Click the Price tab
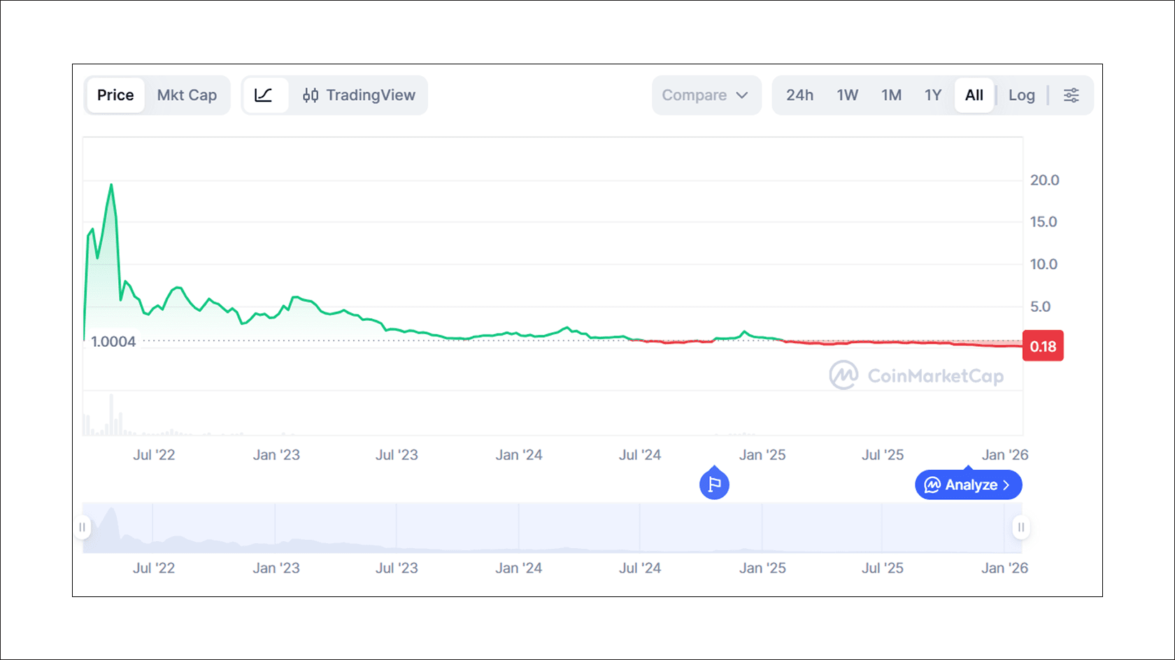(x=115, y=95)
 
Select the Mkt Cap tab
(x=187, y=95)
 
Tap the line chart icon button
(x=264, y=95)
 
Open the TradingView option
(x=359, y=95)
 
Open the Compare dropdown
(x=705, y=95)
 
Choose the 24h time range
(x=799, y=95)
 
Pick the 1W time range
(x=847, y=95)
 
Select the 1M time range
(x=891, y=95)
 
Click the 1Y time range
(x=933, y=95)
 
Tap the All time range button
(x=974, y=95)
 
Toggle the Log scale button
(x=1021, y=95)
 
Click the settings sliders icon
(x=1071, y=95)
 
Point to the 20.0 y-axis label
(x=1044, y=180)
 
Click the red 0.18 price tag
(x=1043, y=346)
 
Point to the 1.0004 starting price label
(x=113, y=342)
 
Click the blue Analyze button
(x=968, y=485)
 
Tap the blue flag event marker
(x=714, y=484)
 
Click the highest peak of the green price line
(x=111, y=185)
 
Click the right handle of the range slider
(x=1021, y=527)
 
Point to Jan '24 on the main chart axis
(x=519, y=455)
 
